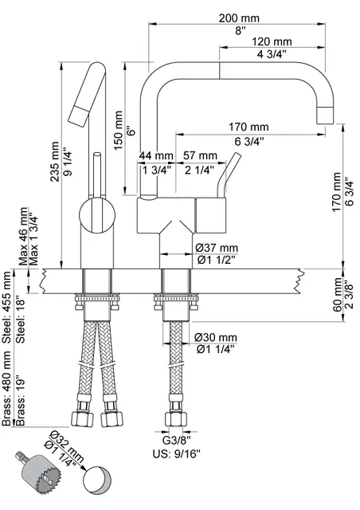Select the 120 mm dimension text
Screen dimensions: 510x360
point(272,41)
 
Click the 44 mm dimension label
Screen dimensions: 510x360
point(156,155)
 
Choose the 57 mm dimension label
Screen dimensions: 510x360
point(199,155)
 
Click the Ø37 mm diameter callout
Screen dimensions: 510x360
point(217,249)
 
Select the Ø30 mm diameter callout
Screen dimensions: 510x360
point(217,337)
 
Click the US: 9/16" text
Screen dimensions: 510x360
point(176,454)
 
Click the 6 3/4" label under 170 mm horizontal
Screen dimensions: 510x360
point(248,140)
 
